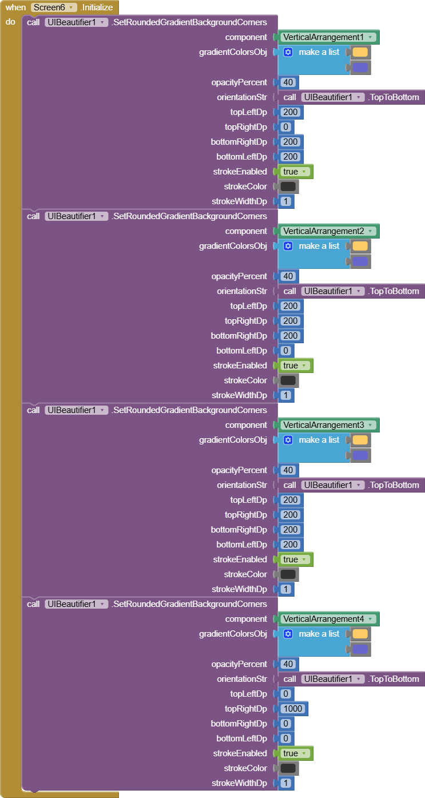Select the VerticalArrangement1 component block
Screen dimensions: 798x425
point(327,37)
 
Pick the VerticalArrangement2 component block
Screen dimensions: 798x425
point(327,231)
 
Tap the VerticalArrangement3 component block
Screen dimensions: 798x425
point(327,425)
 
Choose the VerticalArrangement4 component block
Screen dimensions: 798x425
point(327,619)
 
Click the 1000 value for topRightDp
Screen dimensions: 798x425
point(293,709)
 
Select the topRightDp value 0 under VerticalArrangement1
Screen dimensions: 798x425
point(286,127)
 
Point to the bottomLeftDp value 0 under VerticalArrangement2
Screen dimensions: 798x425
point(286,351)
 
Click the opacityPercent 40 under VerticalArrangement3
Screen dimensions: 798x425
point(288,470)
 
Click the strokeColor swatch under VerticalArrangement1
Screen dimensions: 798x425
point(288,186)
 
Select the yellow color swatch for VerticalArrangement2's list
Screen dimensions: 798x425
point(360,246)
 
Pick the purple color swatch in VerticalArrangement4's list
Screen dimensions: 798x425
point(360,649)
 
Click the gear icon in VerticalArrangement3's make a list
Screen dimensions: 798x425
point(288,440)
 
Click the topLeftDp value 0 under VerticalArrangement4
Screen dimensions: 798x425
point(286,694)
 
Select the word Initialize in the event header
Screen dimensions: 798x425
point(98,7)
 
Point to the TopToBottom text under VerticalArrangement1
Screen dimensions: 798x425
point(395,97)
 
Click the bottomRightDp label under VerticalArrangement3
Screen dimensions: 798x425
point(239,530)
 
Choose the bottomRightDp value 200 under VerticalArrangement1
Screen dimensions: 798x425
point(291,142)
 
